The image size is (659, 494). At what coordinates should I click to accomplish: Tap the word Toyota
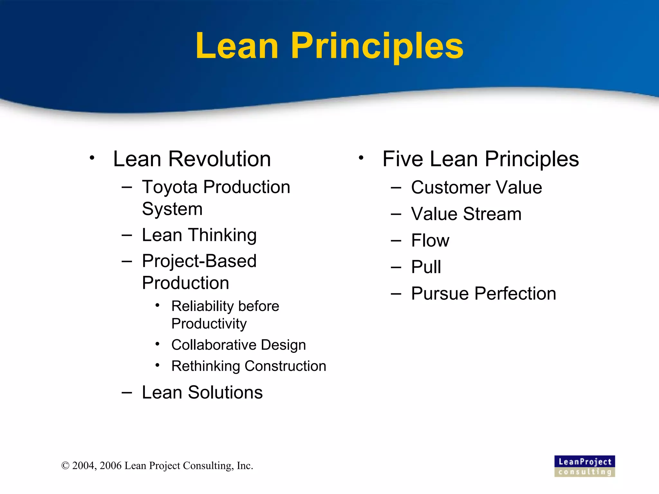point(170,188)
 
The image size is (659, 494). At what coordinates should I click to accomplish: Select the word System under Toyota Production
point(172,209)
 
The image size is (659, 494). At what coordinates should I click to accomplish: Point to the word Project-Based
point(199,261)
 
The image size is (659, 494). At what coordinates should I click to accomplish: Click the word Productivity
point(209,324)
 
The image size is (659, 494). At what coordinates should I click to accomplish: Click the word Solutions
point(225,392)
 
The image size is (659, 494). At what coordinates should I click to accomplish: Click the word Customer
point(450,188)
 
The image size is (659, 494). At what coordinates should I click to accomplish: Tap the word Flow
point(430,241)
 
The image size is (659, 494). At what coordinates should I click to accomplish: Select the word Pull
point(426,267)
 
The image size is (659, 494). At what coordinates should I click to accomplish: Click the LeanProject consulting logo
point(584,466)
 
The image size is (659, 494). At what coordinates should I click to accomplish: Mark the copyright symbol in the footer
point(65,466)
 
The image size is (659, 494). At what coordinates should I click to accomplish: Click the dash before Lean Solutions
point(127,392)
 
